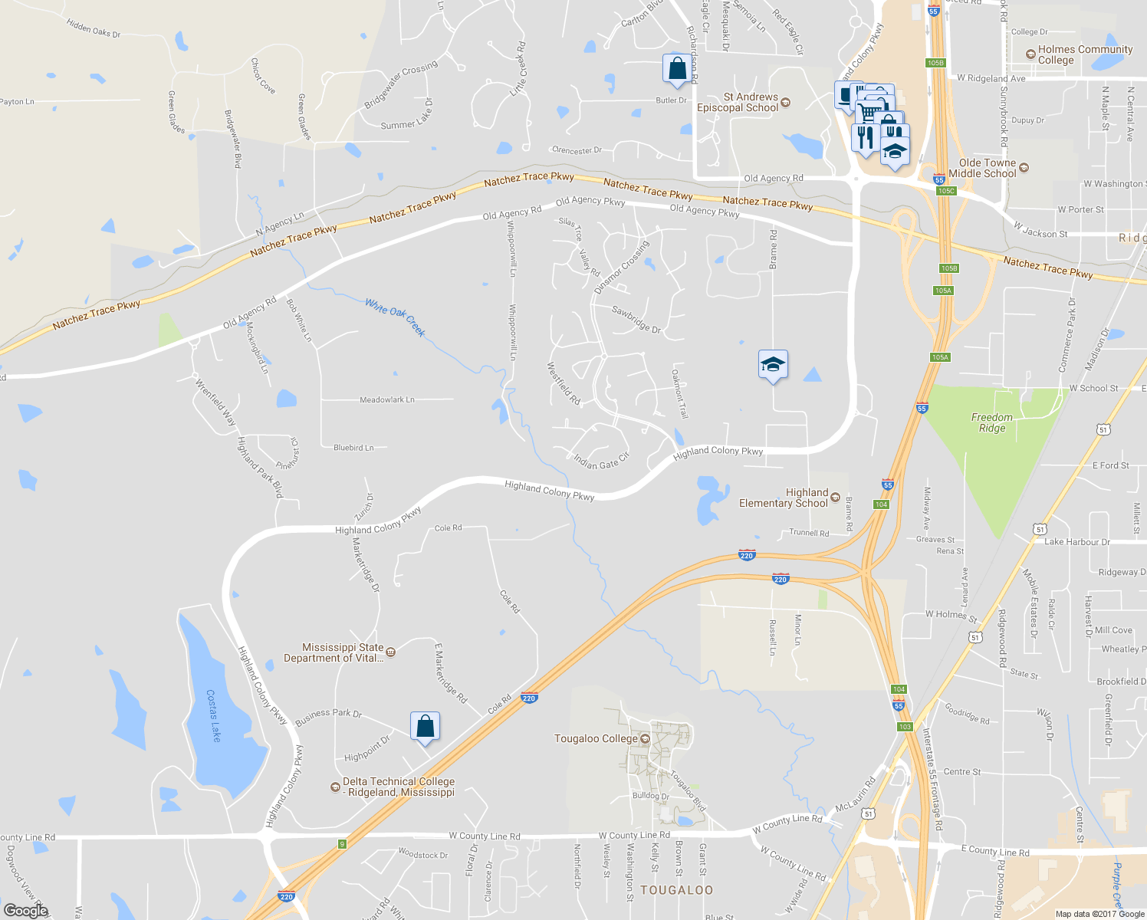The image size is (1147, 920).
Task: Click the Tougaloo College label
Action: click(596, 739)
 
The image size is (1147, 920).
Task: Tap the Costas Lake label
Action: click(214, 715)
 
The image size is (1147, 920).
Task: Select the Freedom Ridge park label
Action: click(991, 422)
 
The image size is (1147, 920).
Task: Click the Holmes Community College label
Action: click(1084, 54)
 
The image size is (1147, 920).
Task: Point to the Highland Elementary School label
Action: click(784, 498)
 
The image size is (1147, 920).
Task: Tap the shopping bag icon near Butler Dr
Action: click(677, 69)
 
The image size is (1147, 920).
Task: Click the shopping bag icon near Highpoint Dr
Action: click(425, 726)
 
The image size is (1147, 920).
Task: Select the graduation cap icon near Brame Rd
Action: click(773, 365)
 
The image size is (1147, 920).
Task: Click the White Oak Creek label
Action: click(395, 317)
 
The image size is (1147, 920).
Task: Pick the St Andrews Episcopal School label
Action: click(738, 103)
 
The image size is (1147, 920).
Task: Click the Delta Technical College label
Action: click(398, 787)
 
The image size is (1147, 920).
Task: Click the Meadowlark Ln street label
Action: click(387, 399)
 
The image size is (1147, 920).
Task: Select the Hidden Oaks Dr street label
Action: click(94, 29)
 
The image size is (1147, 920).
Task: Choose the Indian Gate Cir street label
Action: click(602, 461)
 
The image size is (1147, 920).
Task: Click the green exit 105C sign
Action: click(946, 191)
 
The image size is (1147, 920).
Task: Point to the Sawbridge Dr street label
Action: click(636, 319)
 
